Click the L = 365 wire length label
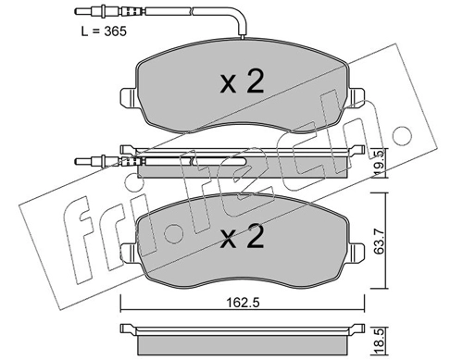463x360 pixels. coord(104,31)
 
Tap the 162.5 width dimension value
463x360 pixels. coord(244,303)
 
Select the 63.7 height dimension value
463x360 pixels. coord(379,241)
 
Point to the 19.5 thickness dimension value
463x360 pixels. coord(379,163)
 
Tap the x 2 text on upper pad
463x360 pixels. coord(243,81)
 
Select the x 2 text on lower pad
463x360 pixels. coord(243,236)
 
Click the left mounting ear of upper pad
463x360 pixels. coord(127,98)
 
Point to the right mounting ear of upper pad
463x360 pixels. coord(357,98)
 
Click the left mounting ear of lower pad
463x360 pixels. coord(127,253)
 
